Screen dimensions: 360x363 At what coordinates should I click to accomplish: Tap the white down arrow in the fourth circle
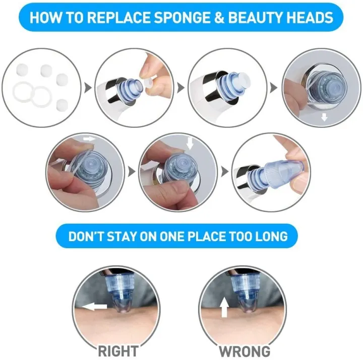(x=325, y=117)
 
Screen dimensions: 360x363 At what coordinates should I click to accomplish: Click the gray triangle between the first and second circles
(x=88, y=88)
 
